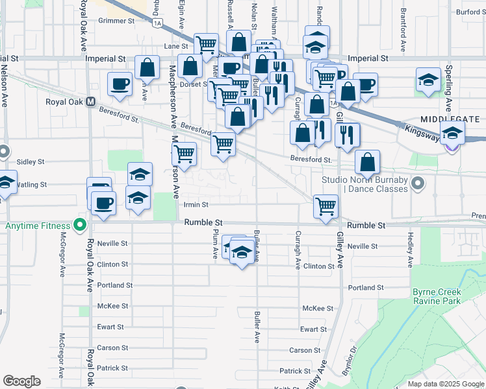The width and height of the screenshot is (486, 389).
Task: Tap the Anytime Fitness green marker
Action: pyautogui.click(x=80, y=226)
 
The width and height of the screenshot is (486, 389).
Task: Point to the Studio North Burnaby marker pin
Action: pyautogui.click(x=419, y=184)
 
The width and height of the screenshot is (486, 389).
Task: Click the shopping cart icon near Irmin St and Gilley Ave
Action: pyautogui.click(x=325, y=206)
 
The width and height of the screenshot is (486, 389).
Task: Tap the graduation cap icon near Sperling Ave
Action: pyautogui.click(x=429, y=80)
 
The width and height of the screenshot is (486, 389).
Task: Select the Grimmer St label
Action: pyautogui.click(x=116, y=21)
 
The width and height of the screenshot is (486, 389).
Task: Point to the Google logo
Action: pyautogui.click(x=21, y=381)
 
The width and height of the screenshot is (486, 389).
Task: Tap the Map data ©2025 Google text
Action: pyautogui.click(x=445, y=384)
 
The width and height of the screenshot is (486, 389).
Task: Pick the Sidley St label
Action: pyautogui.click(x=31, y=161)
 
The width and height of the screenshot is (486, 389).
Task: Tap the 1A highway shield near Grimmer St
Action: pyautogui.click(x=157, y=23)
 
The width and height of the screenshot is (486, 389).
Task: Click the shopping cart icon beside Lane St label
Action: pyautogui.click(x=206, y=45)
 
